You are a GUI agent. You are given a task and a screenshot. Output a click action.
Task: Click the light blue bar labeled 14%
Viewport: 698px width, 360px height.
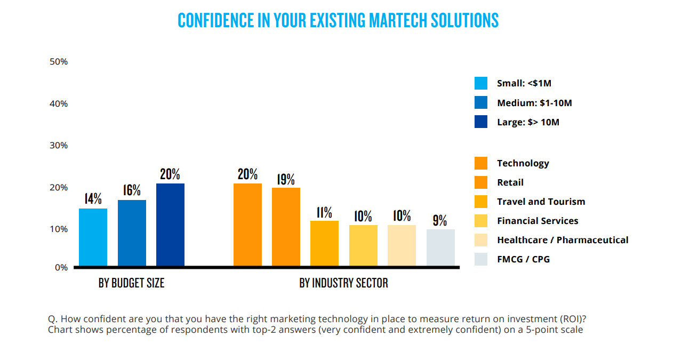[x=93, y=237]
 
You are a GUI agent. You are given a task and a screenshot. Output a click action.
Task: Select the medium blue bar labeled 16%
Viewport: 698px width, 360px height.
[x=132, y=233]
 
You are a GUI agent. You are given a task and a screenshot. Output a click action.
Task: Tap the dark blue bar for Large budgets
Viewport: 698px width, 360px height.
[x=170, y=225]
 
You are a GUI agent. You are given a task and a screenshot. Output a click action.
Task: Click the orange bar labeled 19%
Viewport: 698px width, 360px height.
[x=286, y=227]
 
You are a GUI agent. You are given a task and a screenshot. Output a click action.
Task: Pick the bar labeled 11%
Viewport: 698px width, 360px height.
[x=324, y=243]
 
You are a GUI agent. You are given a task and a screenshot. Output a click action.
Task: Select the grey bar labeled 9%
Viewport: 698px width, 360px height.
[x=440, y=247]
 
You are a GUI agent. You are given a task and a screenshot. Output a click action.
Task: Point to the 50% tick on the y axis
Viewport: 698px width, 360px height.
[x=59, y=62]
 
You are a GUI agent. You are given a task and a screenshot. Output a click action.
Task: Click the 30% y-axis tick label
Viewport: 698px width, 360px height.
[x=59, y=146]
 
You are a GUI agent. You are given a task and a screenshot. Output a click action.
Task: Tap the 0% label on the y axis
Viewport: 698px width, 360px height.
[x=61, y=268]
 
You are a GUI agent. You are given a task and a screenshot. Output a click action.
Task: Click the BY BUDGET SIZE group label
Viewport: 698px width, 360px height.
[x=131, y=283]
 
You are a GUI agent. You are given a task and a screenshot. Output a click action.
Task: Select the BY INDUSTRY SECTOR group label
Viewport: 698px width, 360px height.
[x=343, y=283]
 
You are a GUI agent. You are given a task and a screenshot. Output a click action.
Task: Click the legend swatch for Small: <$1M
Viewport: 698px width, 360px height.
[x=480, y=83]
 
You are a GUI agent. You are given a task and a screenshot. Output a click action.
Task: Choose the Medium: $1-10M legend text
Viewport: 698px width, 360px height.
[x=534, y=103]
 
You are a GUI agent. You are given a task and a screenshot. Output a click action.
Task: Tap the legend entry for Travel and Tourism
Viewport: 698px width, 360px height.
[x=541, y=202]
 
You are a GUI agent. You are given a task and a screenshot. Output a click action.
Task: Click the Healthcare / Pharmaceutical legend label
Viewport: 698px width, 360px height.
[x=563, y=240]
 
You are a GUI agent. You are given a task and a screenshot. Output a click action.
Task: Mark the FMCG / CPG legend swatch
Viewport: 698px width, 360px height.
[x=480, y=259]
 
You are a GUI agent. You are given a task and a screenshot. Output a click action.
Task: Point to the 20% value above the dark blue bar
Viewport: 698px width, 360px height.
[x=170, y=174]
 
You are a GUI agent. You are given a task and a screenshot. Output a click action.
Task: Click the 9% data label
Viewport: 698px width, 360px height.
[x=440, y=220]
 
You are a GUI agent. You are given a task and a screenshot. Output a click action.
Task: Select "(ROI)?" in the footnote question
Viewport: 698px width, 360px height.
[x=573, y=319]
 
